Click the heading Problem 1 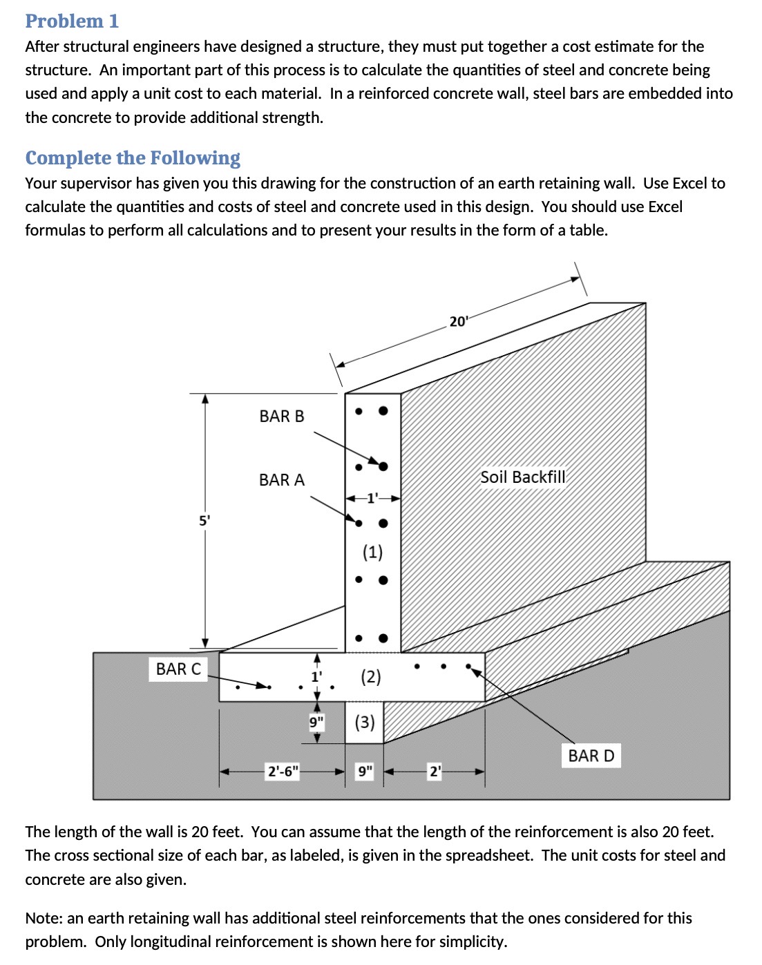coord(72,21)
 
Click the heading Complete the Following coord(133,157)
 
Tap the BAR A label coord(281,479)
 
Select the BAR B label coord(281,416)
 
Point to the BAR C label coord(178,669)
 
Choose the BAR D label coord(591,756)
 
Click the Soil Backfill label coord(522,477)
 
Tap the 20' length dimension coord(459,321)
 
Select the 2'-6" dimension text coord(283,771)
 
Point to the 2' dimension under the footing coord(435,771)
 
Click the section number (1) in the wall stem coord(372,551)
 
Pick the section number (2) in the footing coord(371,676)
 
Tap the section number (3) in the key coord(365,722)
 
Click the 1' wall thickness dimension coord(372,497)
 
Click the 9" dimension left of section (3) coord(316,722)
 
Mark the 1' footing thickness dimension coord(316,676)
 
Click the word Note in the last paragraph coord(44,918)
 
